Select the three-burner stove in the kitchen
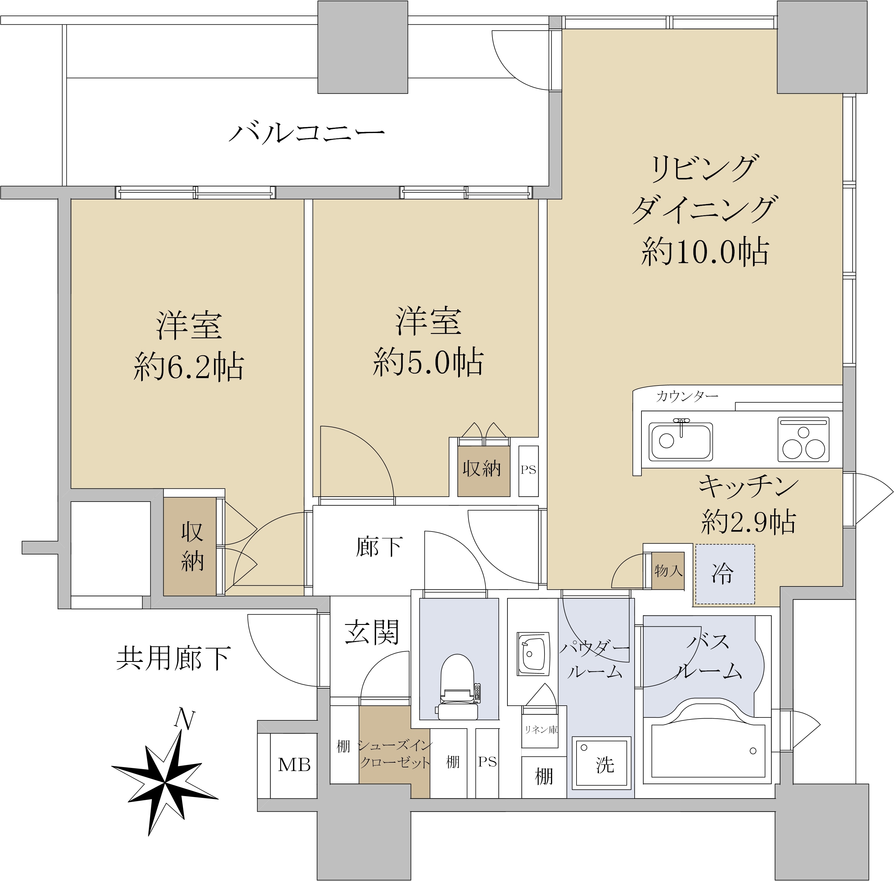point(803,440)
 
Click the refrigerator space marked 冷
point(725,574)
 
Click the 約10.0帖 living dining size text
point(705,252)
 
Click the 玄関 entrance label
point(372,632)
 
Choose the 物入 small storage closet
point(668,571)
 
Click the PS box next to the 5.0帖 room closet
point(528,470)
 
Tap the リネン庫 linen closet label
point(540,730)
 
